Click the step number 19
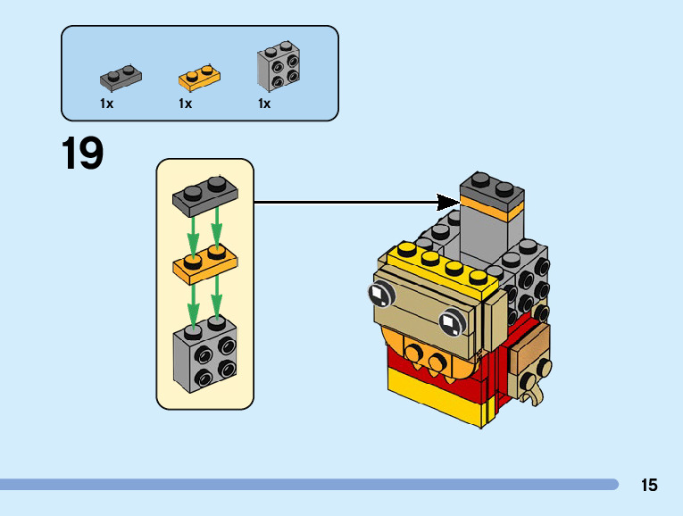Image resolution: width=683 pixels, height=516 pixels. (82, 154)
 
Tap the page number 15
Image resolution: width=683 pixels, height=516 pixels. (648, 485)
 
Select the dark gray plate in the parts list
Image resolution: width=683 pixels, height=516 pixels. (121, 78)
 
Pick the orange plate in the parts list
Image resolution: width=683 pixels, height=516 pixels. (199, 78)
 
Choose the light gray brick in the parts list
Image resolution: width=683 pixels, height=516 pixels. (278, 68)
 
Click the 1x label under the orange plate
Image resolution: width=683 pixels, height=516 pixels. (186, 104)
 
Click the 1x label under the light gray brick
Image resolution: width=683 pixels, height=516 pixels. (264, 104)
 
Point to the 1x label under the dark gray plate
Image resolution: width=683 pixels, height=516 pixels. (107, 104)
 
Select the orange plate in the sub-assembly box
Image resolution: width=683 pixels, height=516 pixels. (204, 264)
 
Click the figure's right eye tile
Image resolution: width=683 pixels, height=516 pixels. (451, 319)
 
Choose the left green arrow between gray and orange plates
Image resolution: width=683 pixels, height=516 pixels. (190, 234)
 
